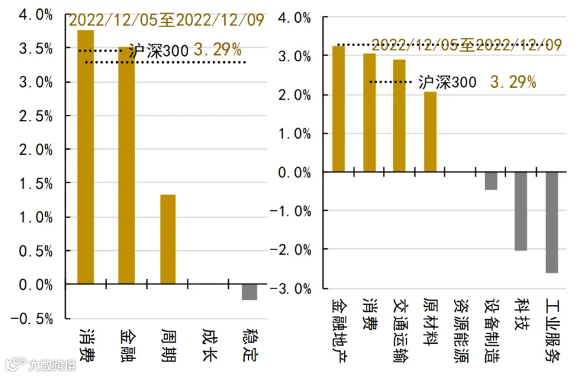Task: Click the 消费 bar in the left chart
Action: [86, 157]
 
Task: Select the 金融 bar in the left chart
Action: [126, 165]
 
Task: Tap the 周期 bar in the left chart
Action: [168, 239]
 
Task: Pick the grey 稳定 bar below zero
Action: [249, 292]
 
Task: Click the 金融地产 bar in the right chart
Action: [338, 109]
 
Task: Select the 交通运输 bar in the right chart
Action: [399, 115]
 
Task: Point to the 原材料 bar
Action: [430, 132]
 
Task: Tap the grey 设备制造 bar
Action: [491, 181]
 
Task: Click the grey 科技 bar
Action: [521, 212]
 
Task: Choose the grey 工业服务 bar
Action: [552, 223]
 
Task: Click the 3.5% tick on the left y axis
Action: [36, 48]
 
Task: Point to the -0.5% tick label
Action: [32, 319]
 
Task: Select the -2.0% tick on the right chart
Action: [291, 250]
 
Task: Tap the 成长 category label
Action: [209, 344]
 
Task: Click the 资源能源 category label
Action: [461, 331]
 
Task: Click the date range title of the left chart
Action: [166, 20]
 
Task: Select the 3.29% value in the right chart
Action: [513, 82]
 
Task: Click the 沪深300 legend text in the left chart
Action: [159, 51]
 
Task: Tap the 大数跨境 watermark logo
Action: [41, 364]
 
